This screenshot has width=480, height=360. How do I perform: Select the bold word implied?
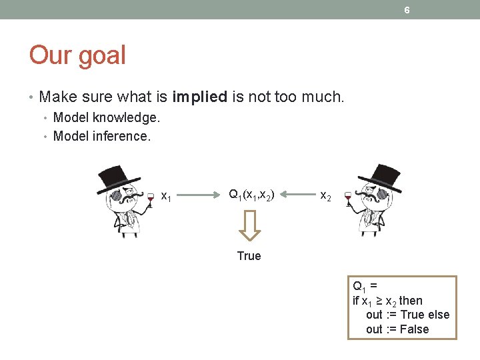tap(199, 97)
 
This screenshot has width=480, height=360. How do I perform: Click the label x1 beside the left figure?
tap(167, 196)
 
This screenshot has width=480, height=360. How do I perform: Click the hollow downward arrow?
tap(249, 225)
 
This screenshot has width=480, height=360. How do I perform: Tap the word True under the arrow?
tap(249, 256)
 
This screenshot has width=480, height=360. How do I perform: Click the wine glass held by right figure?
tap(347, 198)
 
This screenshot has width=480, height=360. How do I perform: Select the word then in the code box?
tap(411, 301)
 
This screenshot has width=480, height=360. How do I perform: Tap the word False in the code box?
tap(414, 329)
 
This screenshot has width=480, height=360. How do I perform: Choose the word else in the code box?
tap(439, 315)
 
